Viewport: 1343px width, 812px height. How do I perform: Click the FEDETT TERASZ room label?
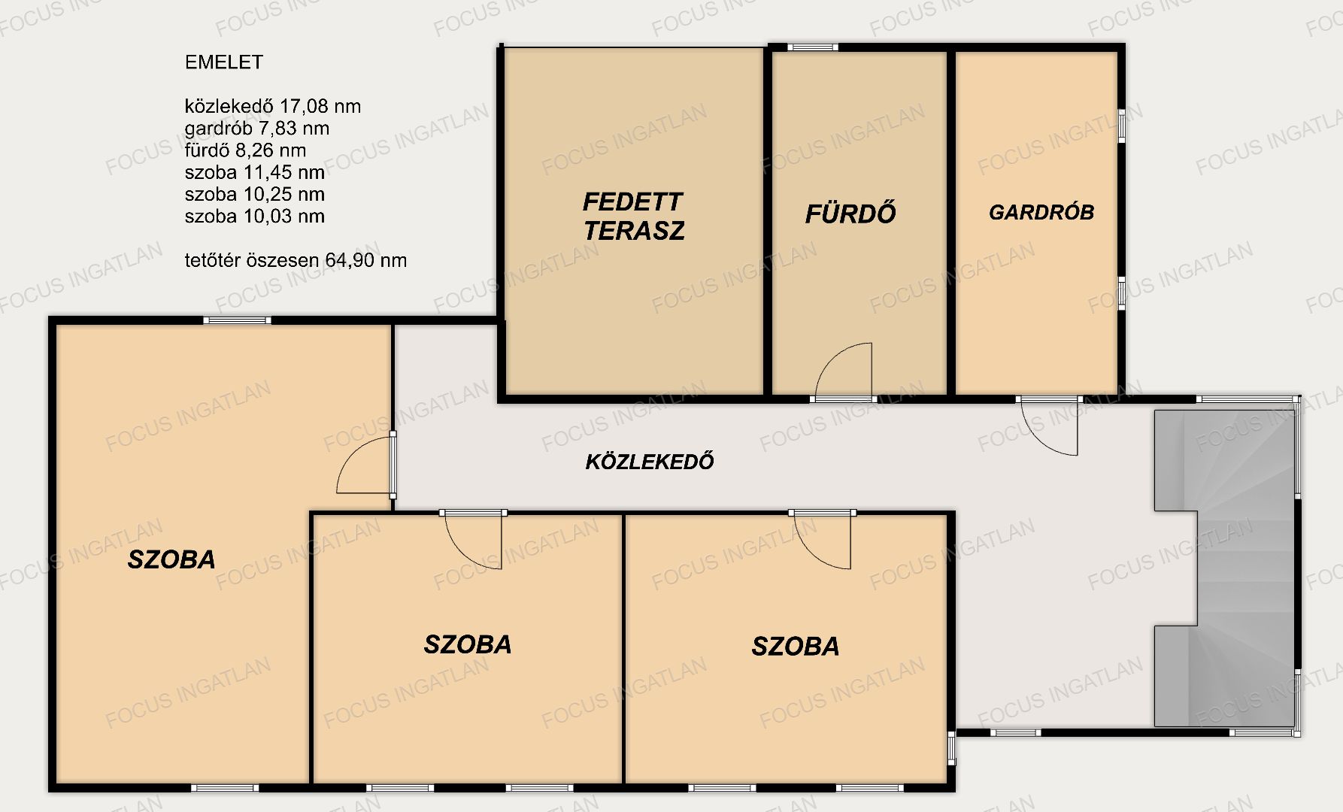click(x=633, y=216)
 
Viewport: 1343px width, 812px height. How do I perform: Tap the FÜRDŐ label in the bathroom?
click(x=850, y=214)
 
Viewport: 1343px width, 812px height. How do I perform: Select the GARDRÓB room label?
click(x=1041, y=212)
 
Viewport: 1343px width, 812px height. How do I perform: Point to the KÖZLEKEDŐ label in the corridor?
click(x=650, y=461)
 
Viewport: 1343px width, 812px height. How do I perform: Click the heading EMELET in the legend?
click(x=224, y=62)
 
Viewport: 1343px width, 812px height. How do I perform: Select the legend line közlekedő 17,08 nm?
click(x=273, y=107)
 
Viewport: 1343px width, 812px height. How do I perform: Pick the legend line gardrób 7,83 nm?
click(x=257, y=129)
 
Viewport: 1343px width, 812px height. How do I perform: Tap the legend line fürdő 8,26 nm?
click(x=245, y=150)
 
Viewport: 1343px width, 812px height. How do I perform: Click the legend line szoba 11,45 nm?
click(x=255, y=172)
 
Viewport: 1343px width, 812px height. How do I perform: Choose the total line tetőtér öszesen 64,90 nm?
click(x=296, y=261)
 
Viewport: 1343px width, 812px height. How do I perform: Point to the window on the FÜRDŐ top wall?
click(x=813, y=47)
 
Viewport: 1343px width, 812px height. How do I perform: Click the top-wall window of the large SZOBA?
click(x=238, y=320)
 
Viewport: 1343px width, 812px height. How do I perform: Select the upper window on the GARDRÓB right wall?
click(x=1121, y=126)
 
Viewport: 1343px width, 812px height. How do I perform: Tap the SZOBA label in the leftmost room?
click(x=171, y=559)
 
